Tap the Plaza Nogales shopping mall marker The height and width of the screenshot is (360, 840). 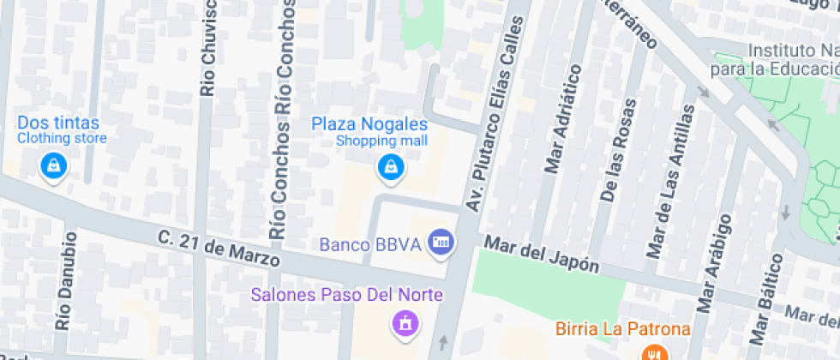click(390, 167)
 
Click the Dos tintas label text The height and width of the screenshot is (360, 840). click(58, 123)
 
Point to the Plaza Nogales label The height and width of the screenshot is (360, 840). click(369, 125)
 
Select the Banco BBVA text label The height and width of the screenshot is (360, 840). click(370, 244)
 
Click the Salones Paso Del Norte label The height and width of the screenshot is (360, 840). click(346, 296)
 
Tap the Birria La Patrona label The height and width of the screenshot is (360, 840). click(622, 328)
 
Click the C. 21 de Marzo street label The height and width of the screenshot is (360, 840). click(219, 248)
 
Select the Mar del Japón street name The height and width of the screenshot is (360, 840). click(542, 255)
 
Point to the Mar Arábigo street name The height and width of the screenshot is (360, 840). click(716, 262)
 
